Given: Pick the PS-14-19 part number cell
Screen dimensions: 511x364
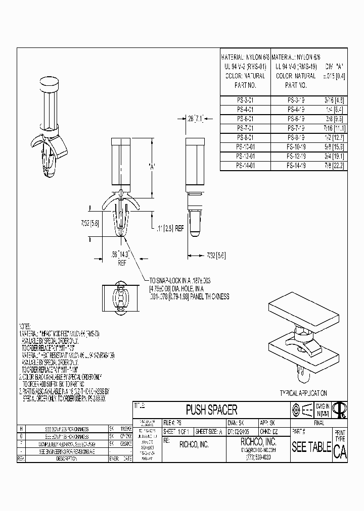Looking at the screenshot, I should [296, 165].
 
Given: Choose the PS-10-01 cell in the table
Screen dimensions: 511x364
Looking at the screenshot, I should [245, 146].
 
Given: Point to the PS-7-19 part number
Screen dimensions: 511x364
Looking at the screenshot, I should [296, 128].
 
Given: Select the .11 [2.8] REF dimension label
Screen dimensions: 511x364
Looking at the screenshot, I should [173, 228].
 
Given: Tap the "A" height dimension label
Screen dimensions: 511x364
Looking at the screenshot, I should [151, 165].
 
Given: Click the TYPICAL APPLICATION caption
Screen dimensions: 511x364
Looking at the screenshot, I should [303, 392].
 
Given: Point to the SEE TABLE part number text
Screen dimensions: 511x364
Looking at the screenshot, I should [311, 447].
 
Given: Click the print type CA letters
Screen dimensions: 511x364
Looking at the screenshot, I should [340, 452].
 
